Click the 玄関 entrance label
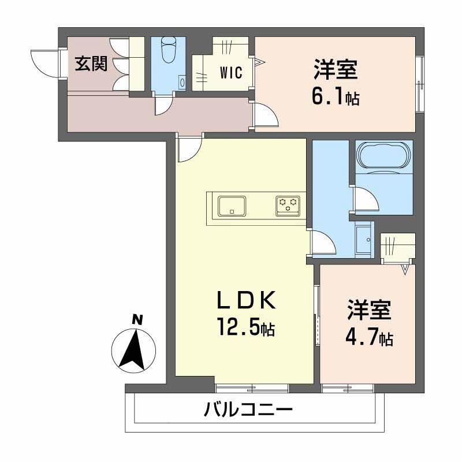point(91,64)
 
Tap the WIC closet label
point(230,73)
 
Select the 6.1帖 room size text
point(336,97)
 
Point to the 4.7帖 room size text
point(370,338)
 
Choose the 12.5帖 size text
point(245,329)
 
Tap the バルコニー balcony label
point(248,411)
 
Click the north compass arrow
point(135,349)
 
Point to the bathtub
point(383,155)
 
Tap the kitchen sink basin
point(232,205)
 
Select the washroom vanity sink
point(364,238)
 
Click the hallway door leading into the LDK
point(189,149)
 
